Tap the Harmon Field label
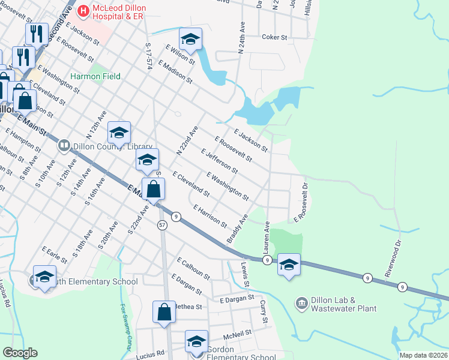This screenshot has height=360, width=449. tap(95, 76)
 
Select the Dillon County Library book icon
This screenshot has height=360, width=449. tap(64, 145)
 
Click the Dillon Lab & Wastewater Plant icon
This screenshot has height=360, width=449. tap(301, 304)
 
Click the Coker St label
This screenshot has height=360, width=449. tap(276, 37)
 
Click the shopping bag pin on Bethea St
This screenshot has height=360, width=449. tap(164, 312)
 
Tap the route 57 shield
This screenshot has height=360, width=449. tap(162, 224)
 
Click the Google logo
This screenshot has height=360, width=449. tap(20, 353)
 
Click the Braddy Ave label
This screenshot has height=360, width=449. tap(237, 229)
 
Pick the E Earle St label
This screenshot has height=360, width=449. tap(55, 254)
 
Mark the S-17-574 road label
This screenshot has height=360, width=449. tap(148, 56)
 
